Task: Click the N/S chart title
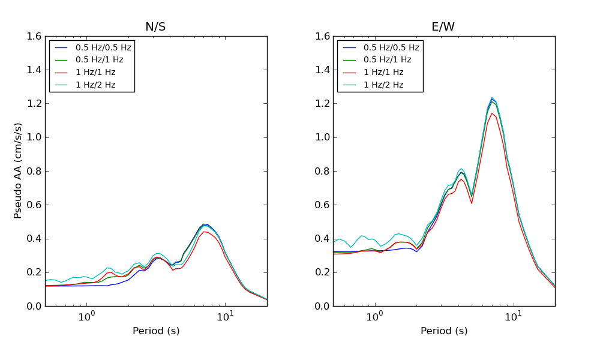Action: [x=155, y=27]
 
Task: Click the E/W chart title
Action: [x=443, y=27]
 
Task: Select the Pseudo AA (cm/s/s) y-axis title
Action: [x=19, y=170]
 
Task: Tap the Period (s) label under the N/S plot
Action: [x=156, y=331]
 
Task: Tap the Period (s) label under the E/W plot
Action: [x=444, y=331]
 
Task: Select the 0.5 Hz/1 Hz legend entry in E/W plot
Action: [x=388, y=59]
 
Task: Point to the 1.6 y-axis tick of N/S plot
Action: [x=34, y=36]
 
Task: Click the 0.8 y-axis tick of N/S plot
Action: [x=34, y=171]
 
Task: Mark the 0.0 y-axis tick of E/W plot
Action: [x=322, y=306]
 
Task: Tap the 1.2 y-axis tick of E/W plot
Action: [x=322, y=104]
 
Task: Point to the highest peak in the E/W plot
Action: [x=492, y=97]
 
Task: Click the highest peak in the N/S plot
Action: [x=204, y=224]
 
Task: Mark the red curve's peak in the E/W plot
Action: [x=492, y=113]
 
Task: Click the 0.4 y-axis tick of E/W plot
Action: [x=322, y=239]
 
